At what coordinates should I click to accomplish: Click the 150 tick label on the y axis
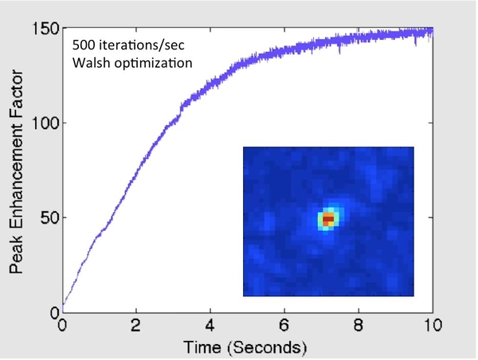click(x=45, y=29)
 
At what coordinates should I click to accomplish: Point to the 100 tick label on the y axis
click(x=45, y=123)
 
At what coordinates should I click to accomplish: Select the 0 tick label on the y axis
click(x=53, y=311)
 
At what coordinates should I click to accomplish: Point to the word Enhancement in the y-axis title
click(x=18, y=166)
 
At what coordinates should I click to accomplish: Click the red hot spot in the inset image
click(x=327, y=217)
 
